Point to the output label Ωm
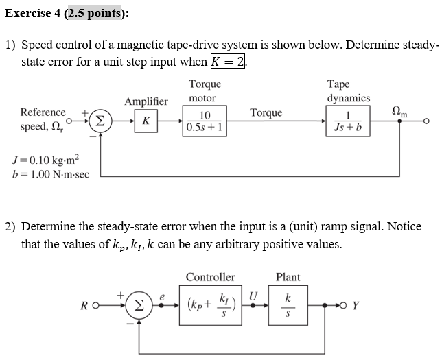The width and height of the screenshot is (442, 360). tap(399, 112)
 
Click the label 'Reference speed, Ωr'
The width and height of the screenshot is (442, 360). tap(43, 119)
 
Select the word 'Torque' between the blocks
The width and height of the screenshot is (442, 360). tap(266, 112)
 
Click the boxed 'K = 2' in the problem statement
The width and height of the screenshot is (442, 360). tap(229, 62)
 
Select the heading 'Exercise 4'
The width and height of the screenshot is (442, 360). tap(32, 13)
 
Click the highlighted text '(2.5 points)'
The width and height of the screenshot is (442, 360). tap(94, 13)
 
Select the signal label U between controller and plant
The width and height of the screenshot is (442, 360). tap(253, 295)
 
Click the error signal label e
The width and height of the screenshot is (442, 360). tap(162, 295)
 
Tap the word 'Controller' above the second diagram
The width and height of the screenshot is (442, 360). tap(210, 277)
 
